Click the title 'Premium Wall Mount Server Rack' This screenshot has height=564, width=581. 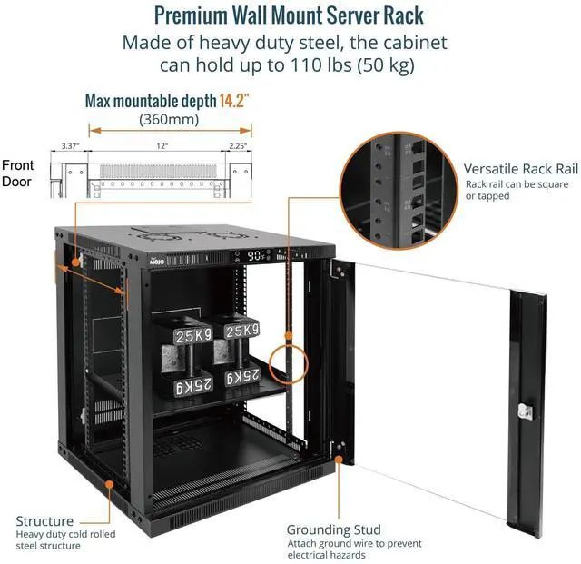(288, 15)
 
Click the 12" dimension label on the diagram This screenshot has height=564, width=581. (161, 146)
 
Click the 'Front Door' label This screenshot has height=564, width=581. (18, 173)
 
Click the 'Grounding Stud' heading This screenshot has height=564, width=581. (333, 529)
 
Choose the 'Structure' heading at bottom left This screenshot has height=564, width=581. (44, 521)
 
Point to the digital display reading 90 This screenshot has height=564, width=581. (257, 257)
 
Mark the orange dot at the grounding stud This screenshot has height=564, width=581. (340, 460)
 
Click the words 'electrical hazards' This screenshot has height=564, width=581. (327, 556)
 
